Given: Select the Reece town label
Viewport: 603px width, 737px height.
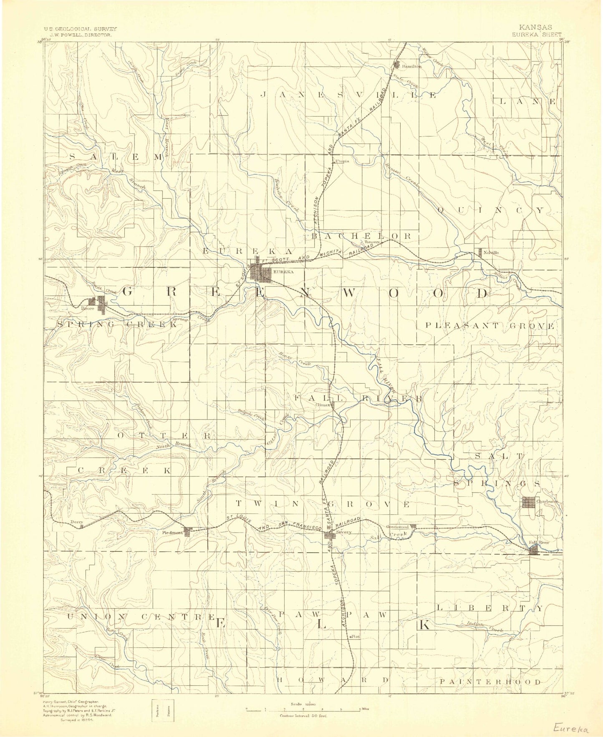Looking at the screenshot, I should pos(87,309).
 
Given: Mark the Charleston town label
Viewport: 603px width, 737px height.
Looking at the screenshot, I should pos(547,501).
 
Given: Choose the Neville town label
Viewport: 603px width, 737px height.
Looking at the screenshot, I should pos(491,252).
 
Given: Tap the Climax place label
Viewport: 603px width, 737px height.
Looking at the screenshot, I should pos(323,405).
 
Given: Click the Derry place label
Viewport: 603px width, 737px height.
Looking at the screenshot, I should pos(77,522).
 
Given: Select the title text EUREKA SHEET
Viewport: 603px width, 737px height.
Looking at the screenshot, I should pos(538,35).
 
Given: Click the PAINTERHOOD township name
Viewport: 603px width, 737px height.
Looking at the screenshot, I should pos(490,682).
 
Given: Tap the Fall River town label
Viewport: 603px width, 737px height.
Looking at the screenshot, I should pos(539,542).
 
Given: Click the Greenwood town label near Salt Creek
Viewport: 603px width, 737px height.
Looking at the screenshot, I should pos(397,526).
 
